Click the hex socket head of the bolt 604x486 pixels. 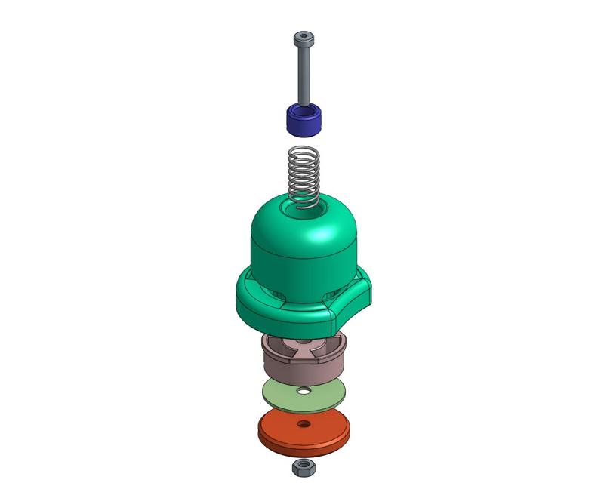tap(303, 38)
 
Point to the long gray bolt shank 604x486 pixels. tap(303, 75)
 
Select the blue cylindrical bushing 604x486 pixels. tap(304, 121)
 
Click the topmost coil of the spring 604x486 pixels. tap(304, 151)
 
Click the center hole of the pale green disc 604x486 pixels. tap(303, 391)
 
